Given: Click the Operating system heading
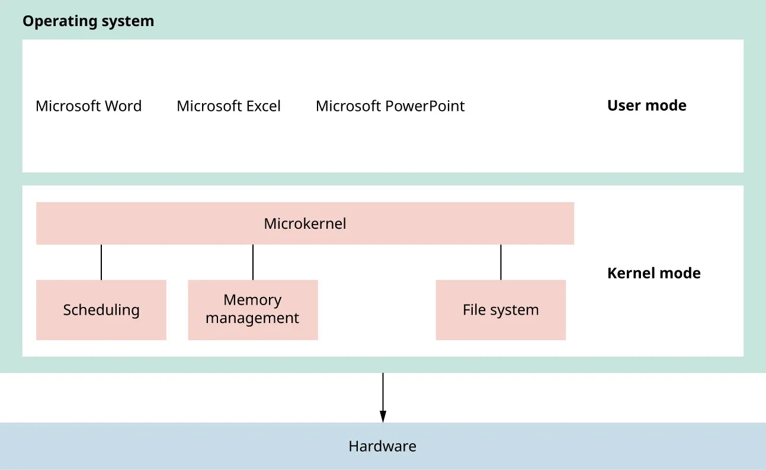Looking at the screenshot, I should (x=88, y=21).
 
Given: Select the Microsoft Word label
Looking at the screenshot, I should (x=88, y=106).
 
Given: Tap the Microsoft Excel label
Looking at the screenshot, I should (x=228, y=106).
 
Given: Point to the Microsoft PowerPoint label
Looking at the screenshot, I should (x=390, y=106).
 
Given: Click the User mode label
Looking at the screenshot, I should (x=646, y=105).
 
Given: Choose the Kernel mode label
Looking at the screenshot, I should (x=653, y=273).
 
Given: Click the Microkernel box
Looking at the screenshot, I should (x=305, y=223).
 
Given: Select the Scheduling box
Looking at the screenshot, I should (x=101, y=310).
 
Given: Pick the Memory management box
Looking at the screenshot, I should (x=253, y=309).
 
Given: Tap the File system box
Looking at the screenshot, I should (x=501, y=310).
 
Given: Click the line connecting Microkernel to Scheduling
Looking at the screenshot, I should (x=101, y=262).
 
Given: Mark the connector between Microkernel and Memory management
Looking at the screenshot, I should (x=253, y=262).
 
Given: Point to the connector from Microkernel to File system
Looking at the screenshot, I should (x=501, y=262).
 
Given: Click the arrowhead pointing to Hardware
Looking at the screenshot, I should (x=383, y=417).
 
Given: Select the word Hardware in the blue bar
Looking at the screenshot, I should (x=382, y=446).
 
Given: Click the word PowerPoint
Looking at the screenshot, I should (x=425, y=106).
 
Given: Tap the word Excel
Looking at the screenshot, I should (x=262, y=106).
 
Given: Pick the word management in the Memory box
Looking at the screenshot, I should (x=252, y=318).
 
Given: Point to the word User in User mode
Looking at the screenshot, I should (x=622, y=105).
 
